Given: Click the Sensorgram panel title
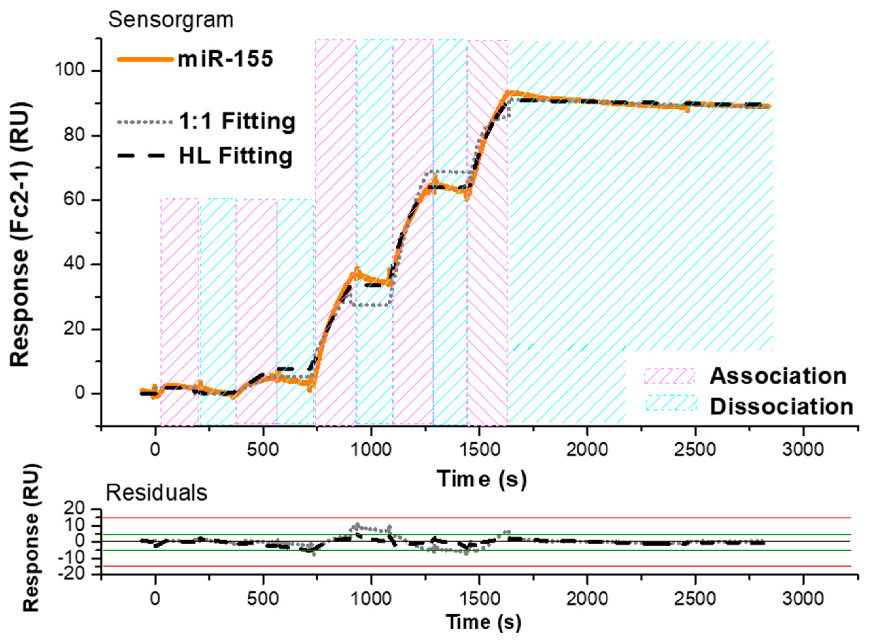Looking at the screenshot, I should coord(171,20).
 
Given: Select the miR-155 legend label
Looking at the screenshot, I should coord(226,59).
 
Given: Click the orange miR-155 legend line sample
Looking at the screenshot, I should coord(145,59).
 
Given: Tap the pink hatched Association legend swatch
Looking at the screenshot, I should coord(669,376).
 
